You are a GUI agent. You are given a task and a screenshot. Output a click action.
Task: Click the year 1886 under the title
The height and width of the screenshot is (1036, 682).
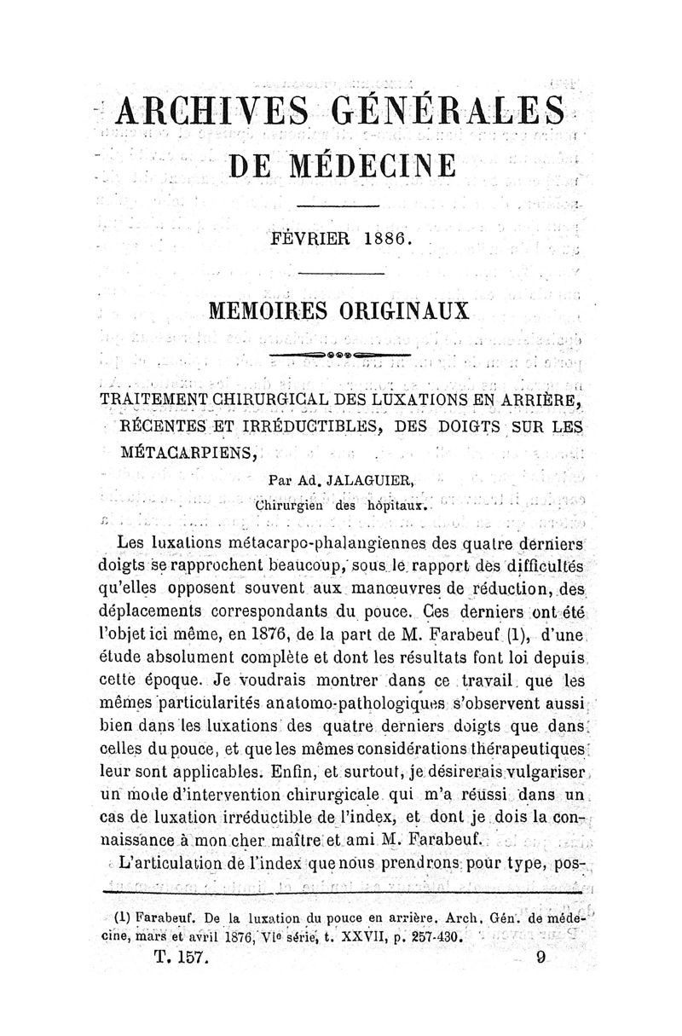click(384, 240)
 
